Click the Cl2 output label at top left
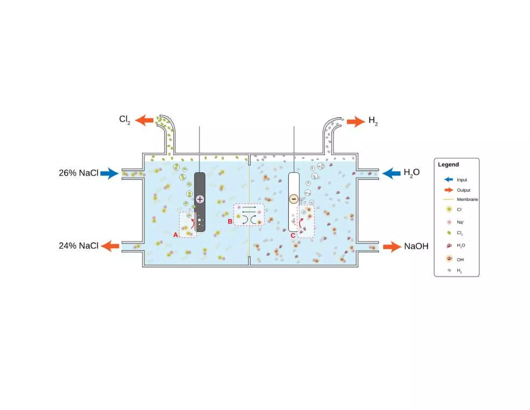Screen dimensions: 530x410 (124, 119)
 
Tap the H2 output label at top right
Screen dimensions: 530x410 (373, 121)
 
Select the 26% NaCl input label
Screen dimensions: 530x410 (79, 173)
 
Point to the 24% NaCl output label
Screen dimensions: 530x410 (79, 246)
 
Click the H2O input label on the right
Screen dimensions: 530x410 (411, 172)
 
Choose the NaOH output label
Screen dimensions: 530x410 (416, 246)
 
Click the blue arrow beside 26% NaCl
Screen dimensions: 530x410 (110, 173)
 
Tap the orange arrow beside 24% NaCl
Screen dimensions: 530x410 (110, 246)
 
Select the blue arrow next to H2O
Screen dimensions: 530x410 (391, 173)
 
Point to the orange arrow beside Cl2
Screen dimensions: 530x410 (144, 120)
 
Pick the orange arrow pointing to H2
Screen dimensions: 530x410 (356, 122)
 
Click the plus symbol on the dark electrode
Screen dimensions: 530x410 (200, 199)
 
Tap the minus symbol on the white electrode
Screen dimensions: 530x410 (294, 199)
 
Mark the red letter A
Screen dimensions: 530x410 (175, 235)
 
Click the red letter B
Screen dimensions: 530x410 (230, 222)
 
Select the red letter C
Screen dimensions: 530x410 (293, 236)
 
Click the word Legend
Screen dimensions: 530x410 (448, 165)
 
